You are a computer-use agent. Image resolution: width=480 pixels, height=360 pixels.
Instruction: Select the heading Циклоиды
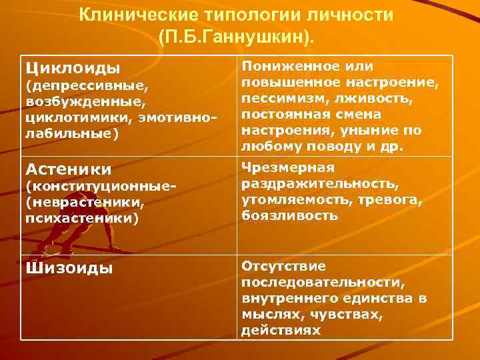tap(73, 68)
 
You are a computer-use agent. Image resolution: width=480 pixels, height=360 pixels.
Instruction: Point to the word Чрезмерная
tap(288, 167)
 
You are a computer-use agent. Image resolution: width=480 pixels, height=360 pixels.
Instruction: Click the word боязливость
tap(289, 215)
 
